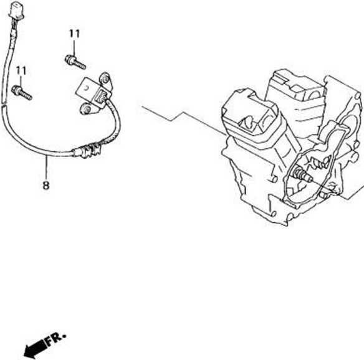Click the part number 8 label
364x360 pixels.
(46, 186)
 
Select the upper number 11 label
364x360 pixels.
(75, 34)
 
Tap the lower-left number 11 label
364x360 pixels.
(21, 71)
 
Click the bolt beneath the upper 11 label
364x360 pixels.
(75, 62)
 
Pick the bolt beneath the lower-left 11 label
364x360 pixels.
(22, 92)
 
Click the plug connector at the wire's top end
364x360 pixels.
(16, 10)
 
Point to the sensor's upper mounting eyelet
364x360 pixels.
(105, 78)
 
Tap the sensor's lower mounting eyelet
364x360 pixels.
(86, 109)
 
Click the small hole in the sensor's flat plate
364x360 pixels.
(87, 88)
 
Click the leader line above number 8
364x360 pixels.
(46, 168)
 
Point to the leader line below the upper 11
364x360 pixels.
(74, 47)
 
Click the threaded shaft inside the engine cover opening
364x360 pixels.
(302, 174)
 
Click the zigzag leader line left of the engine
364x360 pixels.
(183, 119)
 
